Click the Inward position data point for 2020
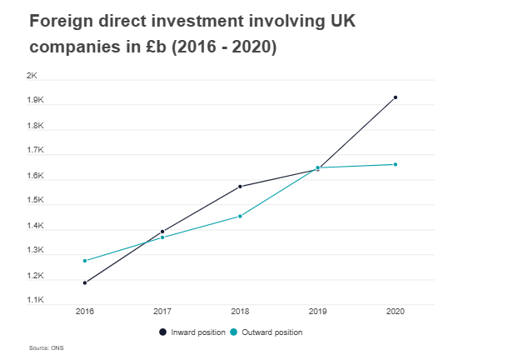pos(396,97)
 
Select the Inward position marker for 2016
pos(85,282)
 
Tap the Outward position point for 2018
pos(240,216)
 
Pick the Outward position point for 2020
pos(396,164)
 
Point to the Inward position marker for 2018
pos(240,187)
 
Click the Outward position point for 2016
pos(85,261)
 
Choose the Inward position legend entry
pos(192,332)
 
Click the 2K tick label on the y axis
pos(32,76)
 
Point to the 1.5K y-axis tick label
pos(36,200)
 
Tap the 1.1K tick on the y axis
pos(36,300)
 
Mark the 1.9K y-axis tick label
pos(36,101)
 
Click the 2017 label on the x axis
pos(162,311)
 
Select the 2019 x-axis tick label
pos(317,311)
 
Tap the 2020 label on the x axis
pos(396,311)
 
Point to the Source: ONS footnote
pos(47,347)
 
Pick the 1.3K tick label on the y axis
pos(36,250)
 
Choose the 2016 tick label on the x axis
pos(85,311)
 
